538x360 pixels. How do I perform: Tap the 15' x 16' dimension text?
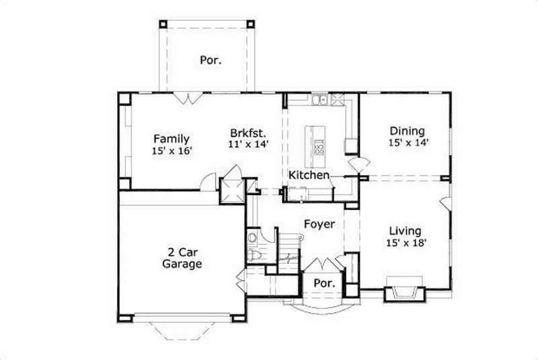172,151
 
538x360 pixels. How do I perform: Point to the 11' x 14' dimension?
249,144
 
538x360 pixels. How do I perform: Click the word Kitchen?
309,175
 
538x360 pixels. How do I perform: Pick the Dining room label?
408,131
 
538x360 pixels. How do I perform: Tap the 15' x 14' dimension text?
408,142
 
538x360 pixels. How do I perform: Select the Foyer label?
319,224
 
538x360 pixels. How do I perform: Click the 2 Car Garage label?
182,258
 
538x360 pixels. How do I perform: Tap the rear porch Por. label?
210,60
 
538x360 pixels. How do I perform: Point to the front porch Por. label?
325,283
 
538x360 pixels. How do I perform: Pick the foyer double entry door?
325,263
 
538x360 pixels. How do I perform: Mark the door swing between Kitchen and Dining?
358,164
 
